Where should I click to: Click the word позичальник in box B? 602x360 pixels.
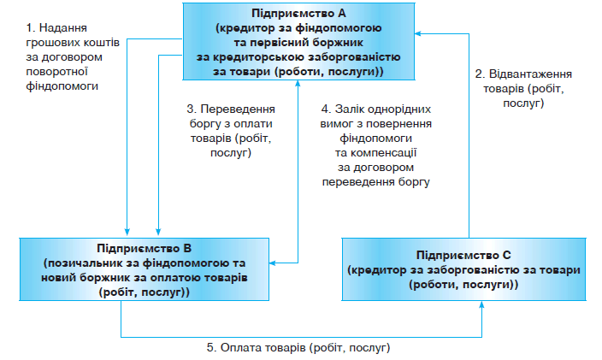point(80,264)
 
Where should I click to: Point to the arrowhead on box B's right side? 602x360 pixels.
point(272,263)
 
